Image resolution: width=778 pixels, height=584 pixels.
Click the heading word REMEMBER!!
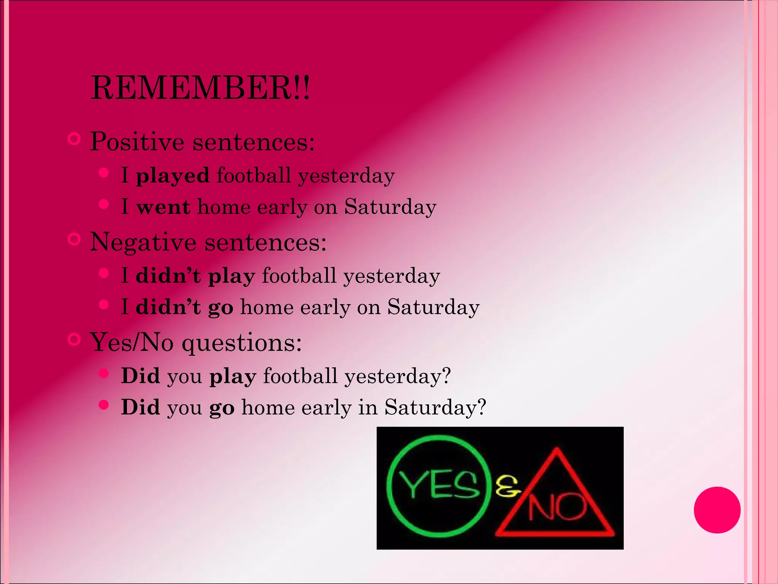click(200, 88)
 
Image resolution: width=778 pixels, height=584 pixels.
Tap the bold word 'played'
click(173, 176)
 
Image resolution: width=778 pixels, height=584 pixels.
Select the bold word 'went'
click(163, 208)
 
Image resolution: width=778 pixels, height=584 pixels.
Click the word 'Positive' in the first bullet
click(137, 142)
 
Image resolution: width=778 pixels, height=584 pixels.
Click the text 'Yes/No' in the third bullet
click(132, 342)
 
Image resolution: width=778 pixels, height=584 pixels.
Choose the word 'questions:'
click(242, 343)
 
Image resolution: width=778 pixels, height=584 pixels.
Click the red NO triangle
click(556, 502)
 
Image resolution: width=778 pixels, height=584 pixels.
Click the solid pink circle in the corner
click(717, 510)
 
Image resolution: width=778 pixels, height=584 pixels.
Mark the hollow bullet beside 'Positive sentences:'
click(74, 139)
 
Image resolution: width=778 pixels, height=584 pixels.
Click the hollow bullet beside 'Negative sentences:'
click(74, 240)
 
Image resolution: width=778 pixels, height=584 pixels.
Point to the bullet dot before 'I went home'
click(104, 204)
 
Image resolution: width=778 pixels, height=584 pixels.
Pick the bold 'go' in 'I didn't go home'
click(221, 308)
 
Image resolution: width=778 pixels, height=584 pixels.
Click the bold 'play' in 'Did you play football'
click(233, 377)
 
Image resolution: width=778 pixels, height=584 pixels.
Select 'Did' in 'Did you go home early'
click(140, 407)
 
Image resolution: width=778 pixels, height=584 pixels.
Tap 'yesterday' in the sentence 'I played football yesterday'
click(346, 176)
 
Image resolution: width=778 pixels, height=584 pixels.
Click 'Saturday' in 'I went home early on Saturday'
click(390, 208)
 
